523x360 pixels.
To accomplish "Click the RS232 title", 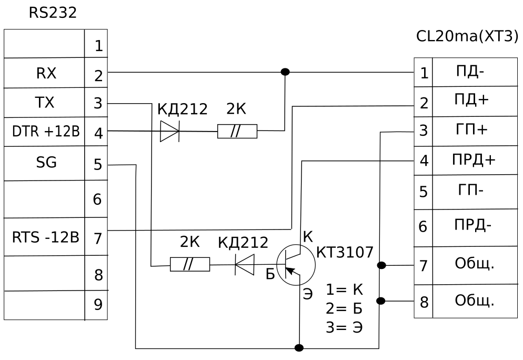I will coord(53,13).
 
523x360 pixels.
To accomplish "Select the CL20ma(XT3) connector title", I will coord(467,37).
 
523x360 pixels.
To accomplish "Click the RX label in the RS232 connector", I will coord(46,74).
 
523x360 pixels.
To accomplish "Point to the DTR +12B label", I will coord(46,132).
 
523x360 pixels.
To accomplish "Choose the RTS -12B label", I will coord(45,237).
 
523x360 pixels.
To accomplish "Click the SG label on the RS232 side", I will coord(46,163).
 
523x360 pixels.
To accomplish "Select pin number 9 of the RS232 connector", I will coord(98,305).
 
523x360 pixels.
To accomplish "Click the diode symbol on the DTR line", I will coord(169,131).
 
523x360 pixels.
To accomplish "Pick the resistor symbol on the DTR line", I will coord(237,132).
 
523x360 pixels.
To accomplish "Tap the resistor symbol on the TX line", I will coord(190,264).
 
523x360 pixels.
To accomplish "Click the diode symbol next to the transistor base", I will coord(244,264).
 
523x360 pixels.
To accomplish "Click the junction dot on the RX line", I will coord(285,72).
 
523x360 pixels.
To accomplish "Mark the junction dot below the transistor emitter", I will coord(299,348).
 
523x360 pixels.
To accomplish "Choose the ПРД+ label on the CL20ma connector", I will coord(474,160).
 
